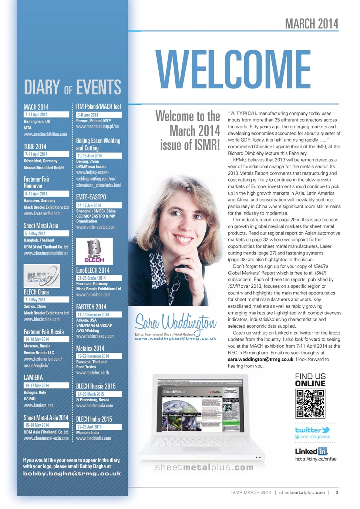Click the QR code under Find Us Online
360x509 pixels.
click(x=310, y=404)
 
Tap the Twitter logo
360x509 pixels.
click(x=312, y=430)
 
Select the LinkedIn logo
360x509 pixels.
click(x=311, y=451)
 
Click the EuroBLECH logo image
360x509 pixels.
click(x=94, y=251)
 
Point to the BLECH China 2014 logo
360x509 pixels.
click(x=41, y=276)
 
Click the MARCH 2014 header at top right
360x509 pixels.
click(x=311, y=24)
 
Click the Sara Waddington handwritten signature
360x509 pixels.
click(x=175, y=322)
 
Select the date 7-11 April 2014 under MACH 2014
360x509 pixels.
click(x=36, y=115)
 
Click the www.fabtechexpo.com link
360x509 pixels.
click(x=95, y=336)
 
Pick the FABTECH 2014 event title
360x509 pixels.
click(x=91, y=307)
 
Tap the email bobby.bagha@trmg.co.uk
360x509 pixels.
click(x=72, y=473)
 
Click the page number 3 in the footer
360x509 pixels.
click(x=337, y=492)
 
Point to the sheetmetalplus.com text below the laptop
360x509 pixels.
click(x=204, y=468)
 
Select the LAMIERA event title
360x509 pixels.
click(x=33, y=377)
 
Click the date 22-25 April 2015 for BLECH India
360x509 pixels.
click(x=90, y=427)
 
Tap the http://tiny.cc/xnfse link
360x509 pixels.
click(x=316, y=459)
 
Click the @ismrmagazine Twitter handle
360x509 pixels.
click(x=312, y=437)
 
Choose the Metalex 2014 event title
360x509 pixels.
click(x=90, y=348)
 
